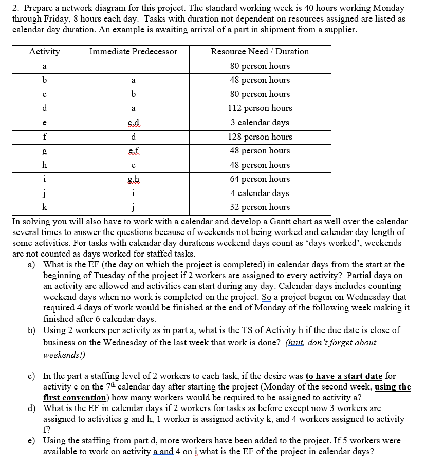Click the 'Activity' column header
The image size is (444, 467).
[44, 51]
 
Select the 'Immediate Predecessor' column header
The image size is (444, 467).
[133, 51]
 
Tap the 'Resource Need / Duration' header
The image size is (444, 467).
[260, 51]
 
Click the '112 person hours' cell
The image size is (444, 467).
[260, 108]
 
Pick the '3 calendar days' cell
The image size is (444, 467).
[260, 123]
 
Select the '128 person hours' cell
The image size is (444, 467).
[260, 137]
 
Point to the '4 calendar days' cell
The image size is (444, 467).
[260, 193]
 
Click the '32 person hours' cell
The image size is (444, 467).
[260, 207]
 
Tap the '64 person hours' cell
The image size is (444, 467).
[260, 179]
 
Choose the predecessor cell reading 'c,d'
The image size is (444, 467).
[133, 123]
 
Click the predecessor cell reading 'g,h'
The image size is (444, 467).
[133, 179]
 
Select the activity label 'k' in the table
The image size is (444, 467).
[44, 207]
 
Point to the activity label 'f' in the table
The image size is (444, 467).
[44, 137]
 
